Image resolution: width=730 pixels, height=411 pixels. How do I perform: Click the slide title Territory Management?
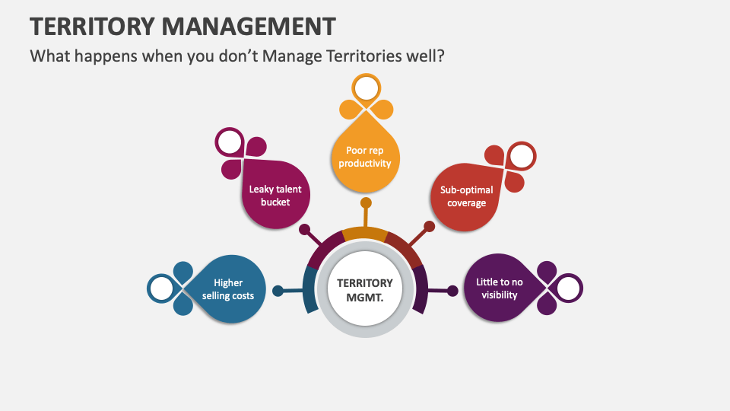coord(182,26)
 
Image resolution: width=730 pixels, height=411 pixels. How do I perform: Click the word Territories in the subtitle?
coord(355,57)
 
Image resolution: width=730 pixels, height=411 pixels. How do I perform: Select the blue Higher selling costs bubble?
coord(228,289)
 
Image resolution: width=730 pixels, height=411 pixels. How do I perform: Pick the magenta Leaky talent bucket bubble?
coord(276,195)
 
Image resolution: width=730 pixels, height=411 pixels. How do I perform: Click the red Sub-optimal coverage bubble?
coord(466,196)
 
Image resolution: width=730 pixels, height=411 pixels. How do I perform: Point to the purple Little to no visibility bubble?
coord(499,288)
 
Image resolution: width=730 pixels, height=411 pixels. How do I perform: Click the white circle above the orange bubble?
coord(367,89)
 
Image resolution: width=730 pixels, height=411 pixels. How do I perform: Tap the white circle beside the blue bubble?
coord(161,288)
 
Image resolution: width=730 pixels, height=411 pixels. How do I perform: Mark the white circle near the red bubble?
coord(522,156)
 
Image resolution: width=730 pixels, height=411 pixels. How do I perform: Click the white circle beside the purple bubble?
coord(569,288)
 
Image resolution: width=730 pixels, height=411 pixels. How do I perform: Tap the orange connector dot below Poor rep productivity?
coord(366,203)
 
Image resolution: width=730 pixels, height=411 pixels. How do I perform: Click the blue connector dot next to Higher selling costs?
coord(278,291)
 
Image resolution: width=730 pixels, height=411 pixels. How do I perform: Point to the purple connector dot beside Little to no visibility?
coord(453,291)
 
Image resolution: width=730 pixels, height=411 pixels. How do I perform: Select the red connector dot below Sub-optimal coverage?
coord(429,226)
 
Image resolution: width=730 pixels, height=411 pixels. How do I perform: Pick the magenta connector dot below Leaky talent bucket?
coord(304,228)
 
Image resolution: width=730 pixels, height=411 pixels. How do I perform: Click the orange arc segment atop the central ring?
coord(365,234)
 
